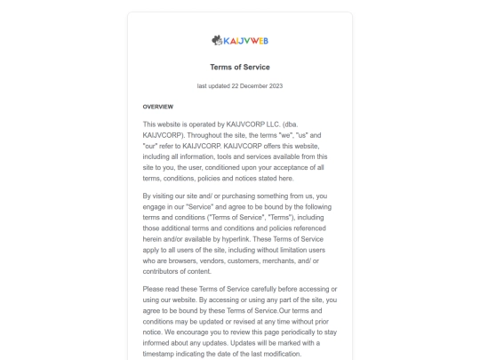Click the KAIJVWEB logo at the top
tap(240, 40)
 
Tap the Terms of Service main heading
tap(240, 67)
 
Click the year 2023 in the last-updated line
tap(276, 86)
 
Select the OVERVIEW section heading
tap(158, 107)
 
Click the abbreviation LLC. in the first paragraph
tap(292, 124)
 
